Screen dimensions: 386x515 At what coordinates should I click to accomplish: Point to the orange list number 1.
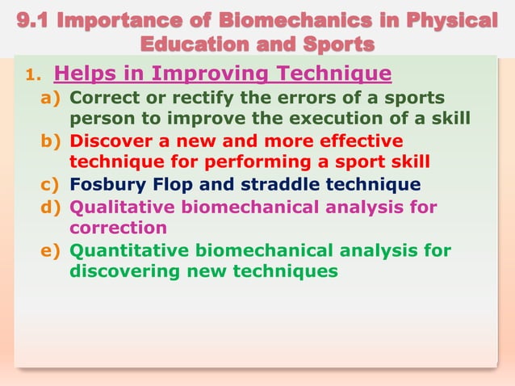point(31,77)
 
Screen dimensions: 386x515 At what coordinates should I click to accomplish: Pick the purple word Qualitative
point(121,208)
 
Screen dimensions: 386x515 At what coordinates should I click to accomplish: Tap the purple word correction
point(119,228)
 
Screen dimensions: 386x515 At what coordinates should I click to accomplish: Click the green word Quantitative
point(126,250)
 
